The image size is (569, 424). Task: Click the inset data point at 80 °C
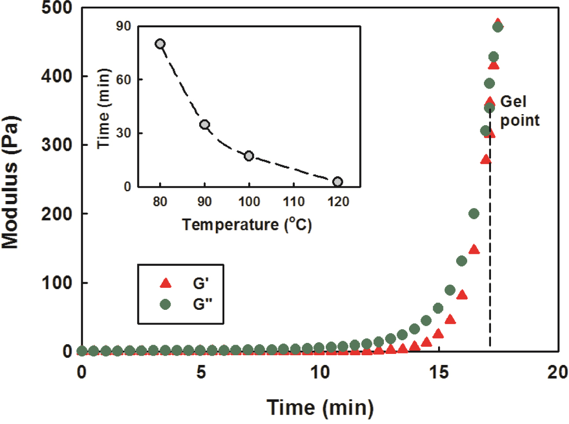(x=160, y=44)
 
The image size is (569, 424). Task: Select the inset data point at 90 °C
(x=205, y=125)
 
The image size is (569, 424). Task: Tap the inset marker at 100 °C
(x=249, y=156)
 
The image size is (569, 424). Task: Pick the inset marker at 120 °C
(x=338, y=182)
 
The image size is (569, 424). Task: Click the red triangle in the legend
(x=165, y=283)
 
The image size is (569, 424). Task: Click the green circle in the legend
(x=165, y=304)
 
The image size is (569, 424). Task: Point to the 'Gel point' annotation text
(x=519, y=111)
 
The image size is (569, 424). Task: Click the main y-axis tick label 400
(x=56, y=76)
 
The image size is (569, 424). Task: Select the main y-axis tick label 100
(x=56, y=283)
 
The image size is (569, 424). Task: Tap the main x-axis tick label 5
(x=201, y=372)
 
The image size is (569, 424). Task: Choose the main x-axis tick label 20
(x=558, y=372)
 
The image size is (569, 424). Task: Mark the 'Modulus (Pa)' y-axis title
(x=11, y=182)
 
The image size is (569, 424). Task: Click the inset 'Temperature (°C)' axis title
(x=247, y=224)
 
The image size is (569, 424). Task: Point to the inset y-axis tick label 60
(x=123, y=80)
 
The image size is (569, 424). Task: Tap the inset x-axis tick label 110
(x=294, y=202)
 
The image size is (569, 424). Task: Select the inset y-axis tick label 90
(x=123, y=26)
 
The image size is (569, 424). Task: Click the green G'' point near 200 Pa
(x=474, y=214)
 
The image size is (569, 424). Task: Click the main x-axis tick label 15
(x=439, y=372)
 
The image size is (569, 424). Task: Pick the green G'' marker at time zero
(x=82, y=351)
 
